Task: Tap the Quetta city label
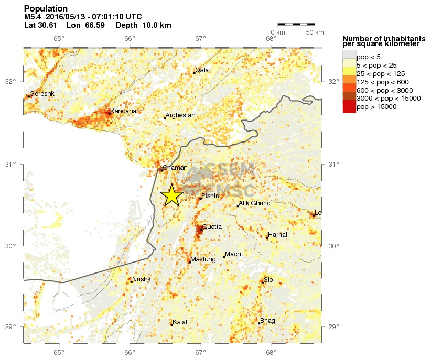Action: (x=212, y=227)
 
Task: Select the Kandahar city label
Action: (x=125, y=111)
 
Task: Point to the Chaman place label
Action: (x=175, y=168)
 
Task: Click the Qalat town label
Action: (x=203, y=70)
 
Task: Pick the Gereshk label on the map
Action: (x=42, y=94)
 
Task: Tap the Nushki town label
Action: (x=143, y=279)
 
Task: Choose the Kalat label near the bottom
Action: (x=180, y=322)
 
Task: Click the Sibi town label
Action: (x=269, y=280)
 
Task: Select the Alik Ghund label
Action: (x=255, y=203)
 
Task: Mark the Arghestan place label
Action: (x=180, y=115)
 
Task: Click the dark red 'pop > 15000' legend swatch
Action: (x=349, y=107)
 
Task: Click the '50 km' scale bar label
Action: (x=315, y=32)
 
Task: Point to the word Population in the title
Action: (x=46, y=9)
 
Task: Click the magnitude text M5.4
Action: (x=33, y=17)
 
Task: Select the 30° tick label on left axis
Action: (x=12, y=246)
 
